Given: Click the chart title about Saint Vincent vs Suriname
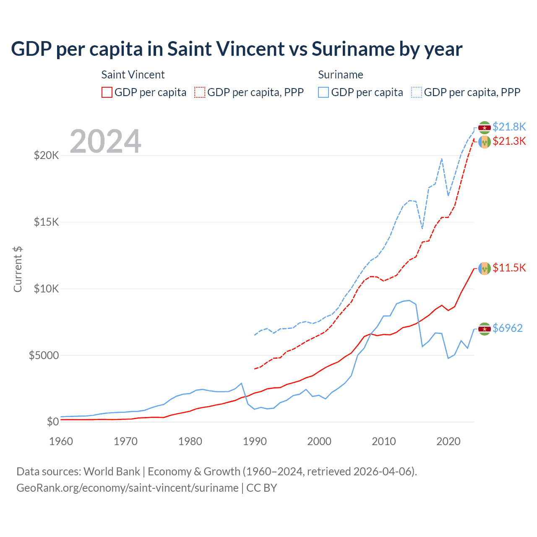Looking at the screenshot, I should pyautogui.click(x=237, y=49).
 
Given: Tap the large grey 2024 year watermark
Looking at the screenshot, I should pyautogui.click(x=105, y=141).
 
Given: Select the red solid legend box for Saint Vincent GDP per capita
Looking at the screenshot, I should pyautogui.click(x=107, y=92).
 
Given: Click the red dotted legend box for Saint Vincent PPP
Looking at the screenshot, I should pyautogui.click(x=200, y=92).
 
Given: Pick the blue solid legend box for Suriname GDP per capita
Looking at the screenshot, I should pyautogui.click(x=323, y=92).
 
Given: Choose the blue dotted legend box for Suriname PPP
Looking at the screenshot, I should pyautogui.click(x=417, y=92).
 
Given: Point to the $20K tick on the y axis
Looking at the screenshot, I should pyautogui.click(x=47, y=156).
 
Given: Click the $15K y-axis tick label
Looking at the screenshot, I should pyautogui.click(x=47, y=222).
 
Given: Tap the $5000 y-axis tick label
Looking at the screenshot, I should pyautogui.click(x=44, y=356).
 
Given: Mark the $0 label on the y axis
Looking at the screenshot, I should pyautogui.click(x=53, y=422).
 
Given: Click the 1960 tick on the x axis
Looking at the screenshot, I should pyautogui.click(x=61, y=441).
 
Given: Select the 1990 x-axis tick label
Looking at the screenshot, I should pyautogui.click(x=255, y=441).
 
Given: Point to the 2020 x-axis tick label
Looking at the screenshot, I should pyautogui.click(x=448, y=441).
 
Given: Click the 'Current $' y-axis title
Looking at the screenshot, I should pyautogui.click(x=18, y=269).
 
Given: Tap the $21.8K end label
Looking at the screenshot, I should pyautogui.click(x=509, y=127).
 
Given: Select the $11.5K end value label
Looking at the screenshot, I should pyautogui.click(x=509, y=268).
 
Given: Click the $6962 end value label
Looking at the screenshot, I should pyautogui.click(x=508, y=328).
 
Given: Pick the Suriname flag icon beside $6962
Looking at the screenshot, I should pyautogui.click(x=485, y=329).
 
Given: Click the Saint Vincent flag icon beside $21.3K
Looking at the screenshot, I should pyautogui.click(x=485, y=142).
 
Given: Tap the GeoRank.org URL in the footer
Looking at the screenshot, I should pyautogui.click(x=128, y=488).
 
